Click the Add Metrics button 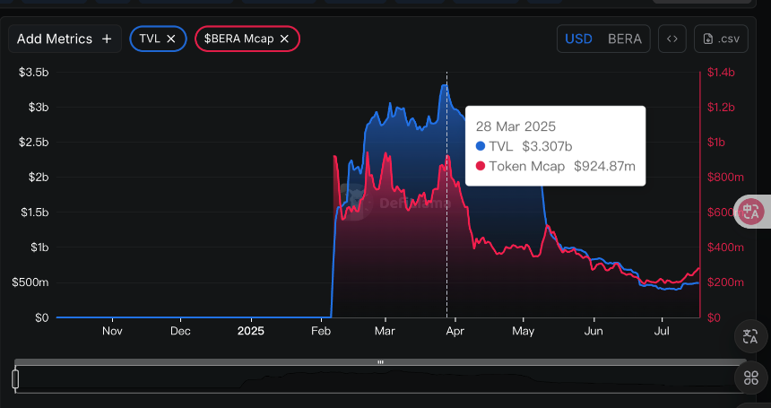(64, 39)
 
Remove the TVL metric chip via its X (171, 39)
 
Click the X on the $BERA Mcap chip (284, 39)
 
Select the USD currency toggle (578, 39)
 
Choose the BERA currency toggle (624, 39)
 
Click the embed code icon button (672, 39)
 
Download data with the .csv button (721, 39)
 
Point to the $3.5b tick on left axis (33, 72)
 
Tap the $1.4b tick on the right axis (720, 72)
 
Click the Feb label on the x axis (320, 331)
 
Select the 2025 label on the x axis (251, 331)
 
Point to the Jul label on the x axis (663, 331)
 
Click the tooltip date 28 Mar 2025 (515, 126)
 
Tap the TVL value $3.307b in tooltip (548, 146)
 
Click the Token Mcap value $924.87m (604, 166)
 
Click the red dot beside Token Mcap (481, 166)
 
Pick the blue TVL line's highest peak (444, 85)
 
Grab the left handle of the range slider (15, 379)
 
